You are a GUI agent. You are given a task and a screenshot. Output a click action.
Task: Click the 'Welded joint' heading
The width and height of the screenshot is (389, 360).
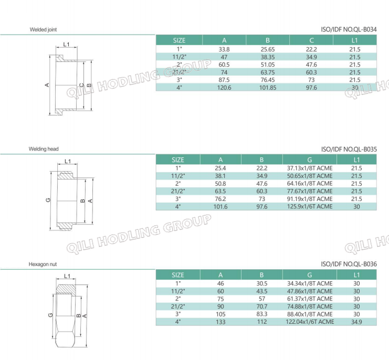pyautogui.click(x=43, y=30)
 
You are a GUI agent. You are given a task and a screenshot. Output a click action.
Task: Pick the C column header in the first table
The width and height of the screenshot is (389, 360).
pyautogui.click(x=311, y=40)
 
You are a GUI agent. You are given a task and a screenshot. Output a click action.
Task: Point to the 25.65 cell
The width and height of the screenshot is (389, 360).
pyautogui.click(x=268, y=49)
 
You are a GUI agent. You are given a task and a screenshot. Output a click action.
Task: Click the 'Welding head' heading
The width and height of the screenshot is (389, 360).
pyautogui.click(x=44, y=150)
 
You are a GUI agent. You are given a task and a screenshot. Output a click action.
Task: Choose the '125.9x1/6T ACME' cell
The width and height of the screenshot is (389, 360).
pyautogui.click(x=310, y=207)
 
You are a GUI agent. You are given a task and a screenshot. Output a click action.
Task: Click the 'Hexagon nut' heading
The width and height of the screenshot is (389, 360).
pyautogui.click(x=43, y=265)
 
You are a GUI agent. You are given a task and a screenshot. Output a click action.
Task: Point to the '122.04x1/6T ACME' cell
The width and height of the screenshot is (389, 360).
pyautogui.click(x=310, y=321)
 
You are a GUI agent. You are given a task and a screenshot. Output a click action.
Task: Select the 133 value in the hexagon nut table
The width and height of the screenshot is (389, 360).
pyautogui.click(x=220, y=321)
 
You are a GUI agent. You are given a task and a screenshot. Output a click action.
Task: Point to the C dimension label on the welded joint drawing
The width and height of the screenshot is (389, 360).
pyautogui.click(x=81, y=85)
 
